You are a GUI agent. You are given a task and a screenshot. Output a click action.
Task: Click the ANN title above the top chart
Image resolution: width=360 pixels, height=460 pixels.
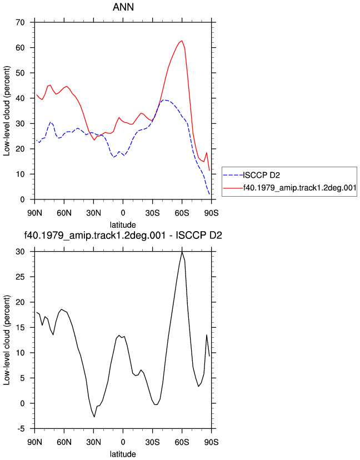(x=123, y=7)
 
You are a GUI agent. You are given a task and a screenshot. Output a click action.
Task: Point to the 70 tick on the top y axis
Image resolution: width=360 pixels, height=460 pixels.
(x=20, y=22)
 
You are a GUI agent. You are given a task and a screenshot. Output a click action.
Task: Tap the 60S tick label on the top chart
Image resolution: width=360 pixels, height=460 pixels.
(x=182, y=213)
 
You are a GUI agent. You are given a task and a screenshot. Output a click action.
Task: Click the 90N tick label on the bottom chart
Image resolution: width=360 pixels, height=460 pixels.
(x=34, y=442)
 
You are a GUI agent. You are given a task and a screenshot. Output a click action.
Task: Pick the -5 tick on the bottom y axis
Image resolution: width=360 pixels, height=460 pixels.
(x=22, y=429)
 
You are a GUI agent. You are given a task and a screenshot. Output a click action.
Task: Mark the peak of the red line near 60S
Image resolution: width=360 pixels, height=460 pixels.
(x=182, y=41)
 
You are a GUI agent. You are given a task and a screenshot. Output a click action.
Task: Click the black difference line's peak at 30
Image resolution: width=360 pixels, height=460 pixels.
(x=182, y=252)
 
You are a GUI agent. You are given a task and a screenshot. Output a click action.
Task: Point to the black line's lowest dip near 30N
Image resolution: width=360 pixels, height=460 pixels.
(x=94, y=417)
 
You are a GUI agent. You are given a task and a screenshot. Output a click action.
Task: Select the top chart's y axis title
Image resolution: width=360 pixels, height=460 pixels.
(x=7, y=111)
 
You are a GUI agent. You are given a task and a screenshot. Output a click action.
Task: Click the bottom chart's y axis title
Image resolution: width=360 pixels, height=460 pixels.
(x=7, y=341)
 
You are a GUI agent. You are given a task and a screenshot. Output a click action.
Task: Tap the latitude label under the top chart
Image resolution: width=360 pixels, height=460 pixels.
(x=123, y=225)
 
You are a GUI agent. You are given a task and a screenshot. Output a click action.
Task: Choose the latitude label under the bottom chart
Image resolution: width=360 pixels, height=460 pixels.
(x=123, y=454)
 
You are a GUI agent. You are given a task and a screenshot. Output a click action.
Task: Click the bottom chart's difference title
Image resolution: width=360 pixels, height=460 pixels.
(x=123, y=236)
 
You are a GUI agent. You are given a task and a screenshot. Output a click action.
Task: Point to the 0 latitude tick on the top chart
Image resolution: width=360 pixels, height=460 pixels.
(x=123, y=213)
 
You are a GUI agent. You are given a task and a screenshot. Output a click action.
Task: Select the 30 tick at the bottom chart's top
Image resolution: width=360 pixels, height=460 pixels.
(x=20, y=252)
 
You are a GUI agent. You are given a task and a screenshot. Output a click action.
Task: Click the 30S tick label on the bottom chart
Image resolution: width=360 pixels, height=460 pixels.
(x=153, y=442)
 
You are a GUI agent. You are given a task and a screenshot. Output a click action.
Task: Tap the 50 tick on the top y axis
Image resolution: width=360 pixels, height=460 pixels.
(x=20, y=73)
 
